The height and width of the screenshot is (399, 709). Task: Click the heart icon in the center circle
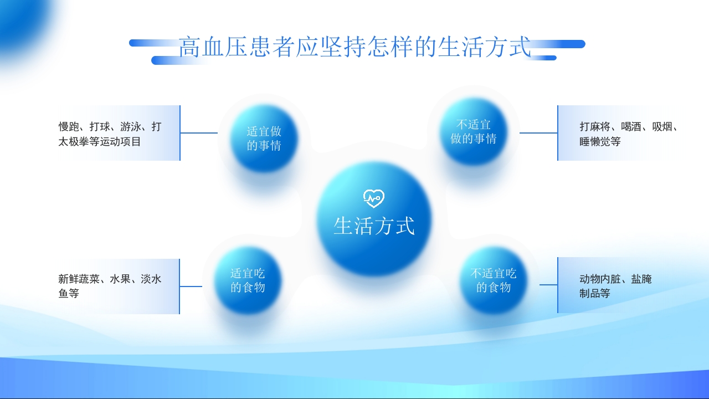pos(374,198)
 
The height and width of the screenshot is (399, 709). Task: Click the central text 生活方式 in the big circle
pos(374,226)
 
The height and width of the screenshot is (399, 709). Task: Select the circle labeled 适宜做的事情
pos(264,139)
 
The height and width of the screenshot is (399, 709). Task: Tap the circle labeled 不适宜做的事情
pos(474,132)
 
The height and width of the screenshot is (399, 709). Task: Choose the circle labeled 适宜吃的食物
pos(248,280)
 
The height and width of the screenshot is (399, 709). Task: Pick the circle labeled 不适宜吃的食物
pos(493,280)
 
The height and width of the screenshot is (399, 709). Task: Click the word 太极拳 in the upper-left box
pos(74,142)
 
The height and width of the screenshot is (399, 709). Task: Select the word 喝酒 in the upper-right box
pos(631,127)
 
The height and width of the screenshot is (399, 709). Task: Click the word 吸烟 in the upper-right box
pos(662,127)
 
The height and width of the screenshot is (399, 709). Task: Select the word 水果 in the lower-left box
pos(120,279)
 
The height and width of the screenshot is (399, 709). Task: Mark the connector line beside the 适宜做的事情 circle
pos(199,133)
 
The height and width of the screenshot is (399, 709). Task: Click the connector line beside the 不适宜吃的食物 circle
pos(548,285)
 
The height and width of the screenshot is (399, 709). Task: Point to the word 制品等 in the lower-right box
pos(595,294)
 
